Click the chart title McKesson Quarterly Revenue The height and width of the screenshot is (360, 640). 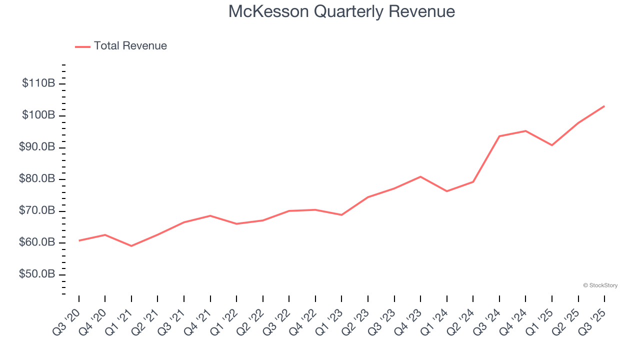(341, 11)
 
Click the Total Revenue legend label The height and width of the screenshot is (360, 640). (130, 46)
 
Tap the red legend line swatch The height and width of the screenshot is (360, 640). (82, 46)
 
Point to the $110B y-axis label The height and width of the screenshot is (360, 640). (38, 83)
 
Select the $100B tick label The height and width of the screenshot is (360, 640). (38, 115)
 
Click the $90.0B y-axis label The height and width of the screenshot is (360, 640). (36, 147)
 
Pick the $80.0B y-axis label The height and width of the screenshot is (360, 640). (36, 179)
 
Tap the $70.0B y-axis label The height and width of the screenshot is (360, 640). (36, 211)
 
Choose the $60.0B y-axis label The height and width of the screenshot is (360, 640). (36, 242)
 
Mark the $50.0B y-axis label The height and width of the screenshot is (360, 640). (36, 274)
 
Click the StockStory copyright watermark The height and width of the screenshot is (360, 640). (600, 285)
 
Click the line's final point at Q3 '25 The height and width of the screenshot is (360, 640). (604, 106)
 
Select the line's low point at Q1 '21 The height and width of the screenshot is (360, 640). (131, 246)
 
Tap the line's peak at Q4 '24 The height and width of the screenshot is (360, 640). (525, 131)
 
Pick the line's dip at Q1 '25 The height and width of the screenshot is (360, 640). (551, 145)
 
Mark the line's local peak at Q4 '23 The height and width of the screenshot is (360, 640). (420, 176)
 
